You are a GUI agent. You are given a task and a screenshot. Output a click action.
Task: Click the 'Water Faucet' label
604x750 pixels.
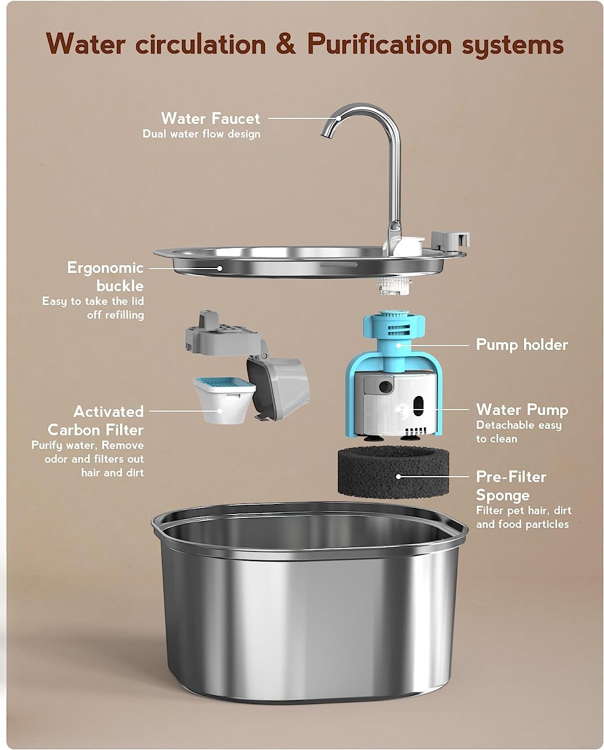(210, 118)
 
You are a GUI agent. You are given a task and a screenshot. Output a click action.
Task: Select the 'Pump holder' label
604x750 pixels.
(521, 344)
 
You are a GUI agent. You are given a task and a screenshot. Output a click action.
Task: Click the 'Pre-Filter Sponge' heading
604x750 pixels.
(510, 485)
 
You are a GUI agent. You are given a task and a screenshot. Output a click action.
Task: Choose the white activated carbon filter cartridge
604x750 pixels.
(224, 400)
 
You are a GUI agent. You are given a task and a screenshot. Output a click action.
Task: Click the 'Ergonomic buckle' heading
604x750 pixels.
(105, 276)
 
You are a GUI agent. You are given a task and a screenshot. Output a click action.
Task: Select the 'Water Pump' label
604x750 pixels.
(522, 409)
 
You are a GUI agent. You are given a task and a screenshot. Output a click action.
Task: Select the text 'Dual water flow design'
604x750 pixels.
(201, 134)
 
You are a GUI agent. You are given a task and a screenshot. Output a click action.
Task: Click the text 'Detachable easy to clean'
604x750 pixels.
(518, 432)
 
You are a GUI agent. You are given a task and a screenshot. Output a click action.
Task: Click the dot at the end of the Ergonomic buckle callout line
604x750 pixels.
(219, 268)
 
